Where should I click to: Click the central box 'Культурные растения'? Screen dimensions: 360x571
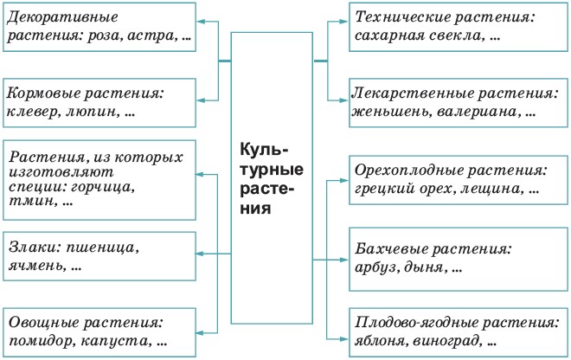pos(272,179)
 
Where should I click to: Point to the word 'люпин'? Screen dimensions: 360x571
pos(93,111)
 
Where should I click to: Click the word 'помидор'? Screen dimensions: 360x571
pos(42,342)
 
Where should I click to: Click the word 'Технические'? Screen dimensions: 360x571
pos(401,16)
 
